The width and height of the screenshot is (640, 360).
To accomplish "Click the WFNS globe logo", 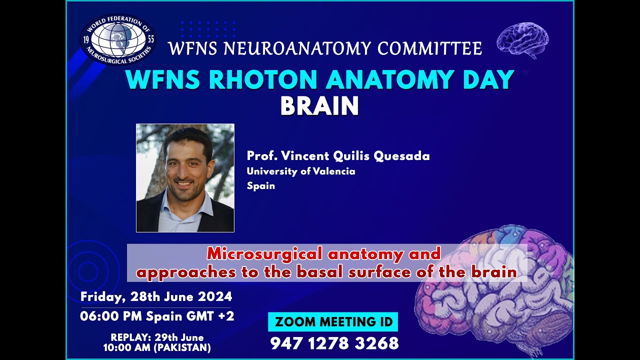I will (117, 39).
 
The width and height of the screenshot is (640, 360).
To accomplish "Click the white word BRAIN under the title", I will (319, 106).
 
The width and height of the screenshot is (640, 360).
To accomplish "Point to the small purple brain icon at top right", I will (522, 39).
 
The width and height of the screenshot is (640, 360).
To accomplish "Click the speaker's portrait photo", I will (185, 177).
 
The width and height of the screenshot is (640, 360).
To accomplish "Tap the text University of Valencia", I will (301, 171).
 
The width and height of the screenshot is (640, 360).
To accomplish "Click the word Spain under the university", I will (260, 186).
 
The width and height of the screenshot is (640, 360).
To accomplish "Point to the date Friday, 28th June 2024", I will (156, 296).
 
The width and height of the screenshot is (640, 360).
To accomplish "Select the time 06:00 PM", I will (111, 316).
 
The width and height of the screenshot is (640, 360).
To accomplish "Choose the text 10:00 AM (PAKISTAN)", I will (157, 347).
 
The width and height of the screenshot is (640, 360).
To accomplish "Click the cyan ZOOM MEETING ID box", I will (333, 322).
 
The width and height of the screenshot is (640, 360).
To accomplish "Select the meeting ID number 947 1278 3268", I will (334, 343).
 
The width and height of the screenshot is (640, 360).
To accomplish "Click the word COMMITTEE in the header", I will (429, 48).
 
